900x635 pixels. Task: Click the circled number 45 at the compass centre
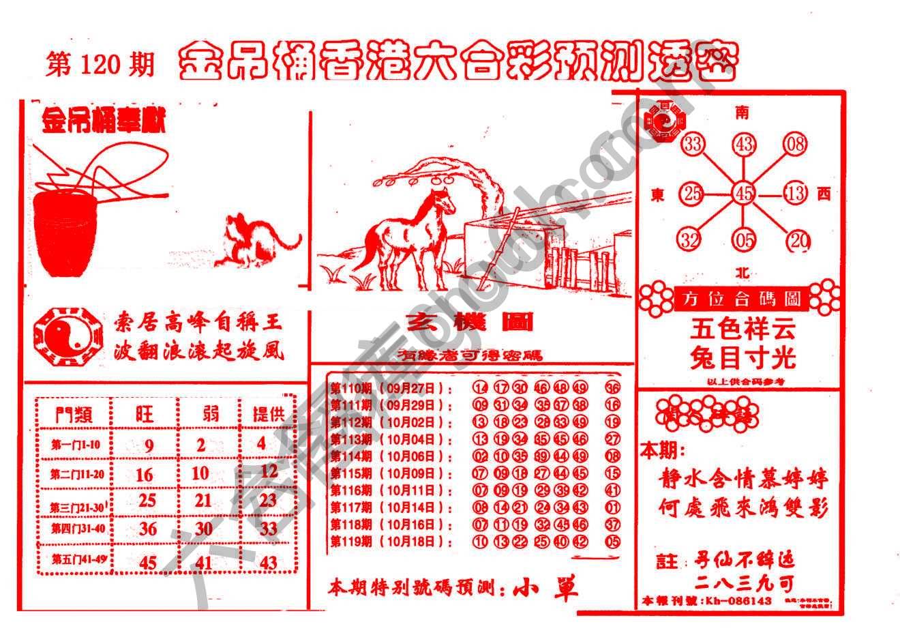click(743, 194)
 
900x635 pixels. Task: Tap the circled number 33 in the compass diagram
click(693, 144)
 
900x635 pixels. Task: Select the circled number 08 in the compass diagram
click(795, 144)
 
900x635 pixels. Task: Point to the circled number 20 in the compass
click(797, 241)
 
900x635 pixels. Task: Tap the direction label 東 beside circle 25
click(657, 195)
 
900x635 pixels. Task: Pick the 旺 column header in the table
click(145, 413)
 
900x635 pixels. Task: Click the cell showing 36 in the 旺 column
click(147, 529)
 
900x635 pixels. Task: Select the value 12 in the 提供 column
click(269, 471)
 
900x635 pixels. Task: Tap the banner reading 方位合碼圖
click(739, 299)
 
